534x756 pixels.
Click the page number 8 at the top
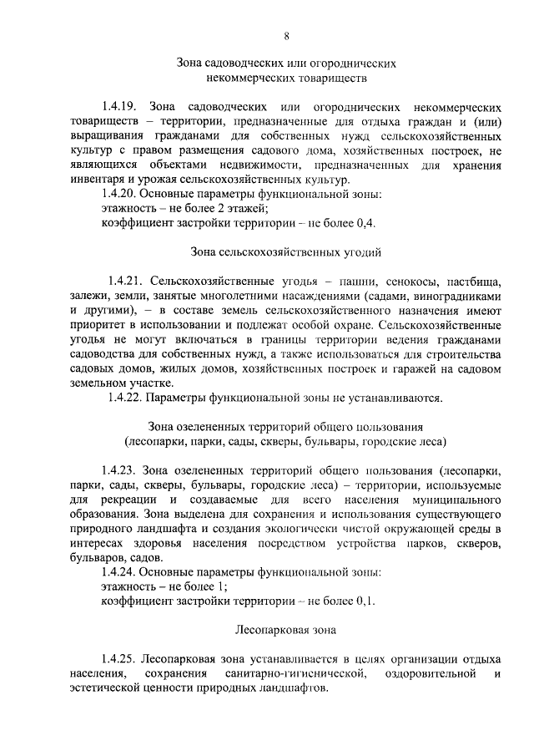(286, 35)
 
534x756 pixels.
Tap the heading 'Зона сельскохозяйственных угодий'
(286, 251)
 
